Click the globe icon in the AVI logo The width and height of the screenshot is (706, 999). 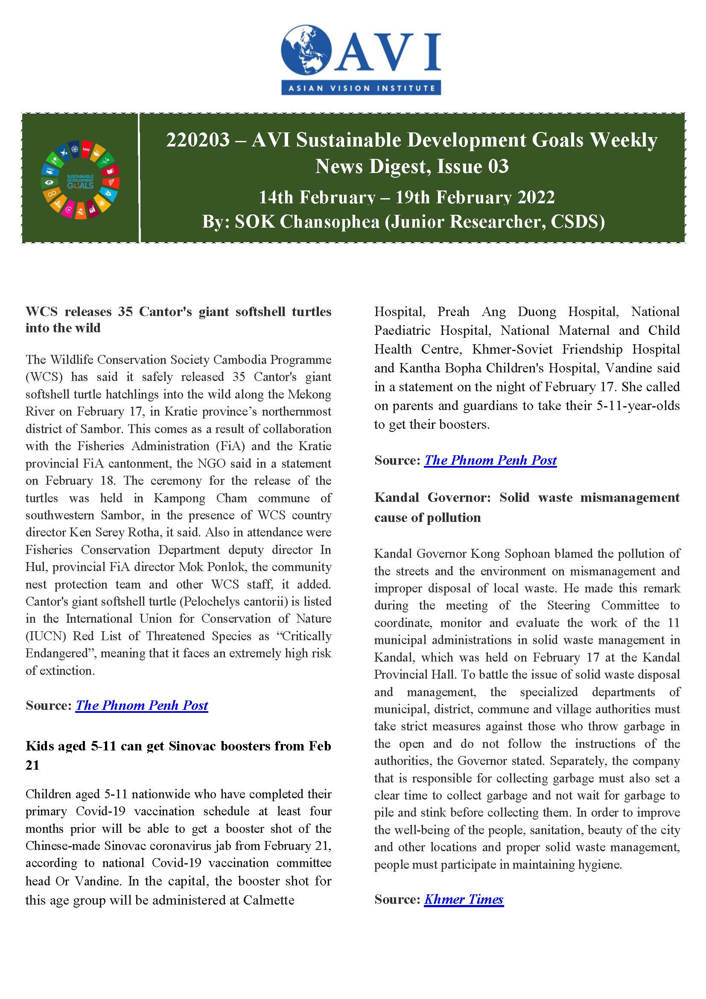(x=306, y=49)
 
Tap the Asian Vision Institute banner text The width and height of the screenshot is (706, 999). (x=361, y=88)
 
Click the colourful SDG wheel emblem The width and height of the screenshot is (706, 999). (x=80, y=180)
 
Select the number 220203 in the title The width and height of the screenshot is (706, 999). (x=197, y=140)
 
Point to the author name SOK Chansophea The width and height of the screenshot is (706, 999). (x=307, y=222)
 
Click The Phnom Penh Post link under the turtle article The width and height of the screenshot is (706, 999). (x=142, y=705)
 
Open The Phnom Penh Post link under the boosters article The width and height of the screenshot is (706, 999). (x=490, y=460)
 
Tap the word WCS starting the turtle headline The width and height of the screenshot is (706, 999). (x=41, y=312)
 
